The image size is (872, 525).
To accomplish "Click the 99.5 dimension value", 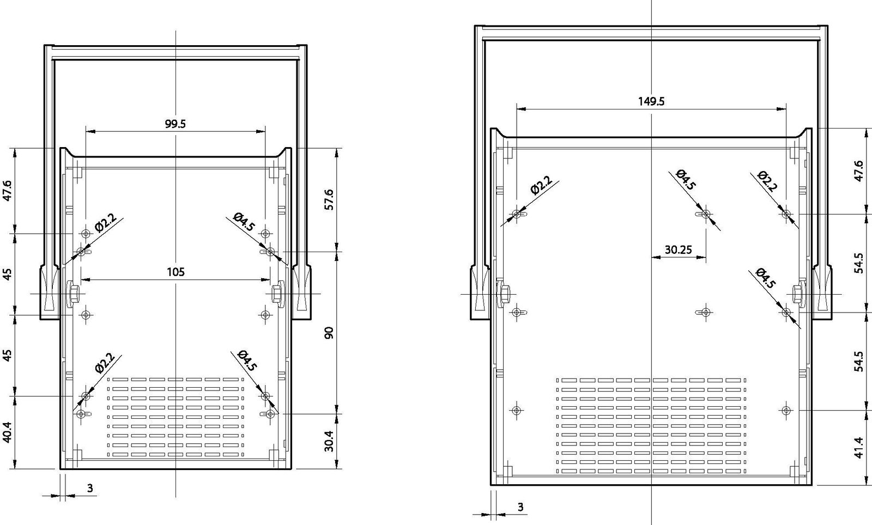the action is point(175,124).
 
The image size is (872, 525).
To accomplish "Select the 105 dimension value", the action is point(175,272).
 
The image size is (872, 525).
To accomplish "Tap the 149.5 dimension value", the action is point(651,101).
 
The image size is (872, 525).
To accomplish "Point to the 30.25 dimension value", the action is point(678,249).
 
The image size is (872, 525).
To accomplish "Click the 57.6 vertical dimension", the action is point(329,200).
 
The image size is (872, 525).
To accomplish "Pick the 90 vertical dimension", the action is point(329,333).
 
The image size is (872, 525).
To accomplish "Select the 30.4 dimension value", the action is point(329,441).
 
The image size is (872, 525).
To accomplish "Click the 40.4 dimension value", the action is point(8,433).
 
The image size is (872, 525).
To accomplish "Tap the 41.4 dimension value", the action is point(859,448).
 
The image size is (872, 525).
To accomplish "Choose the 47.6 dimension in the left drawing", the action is point(8,190).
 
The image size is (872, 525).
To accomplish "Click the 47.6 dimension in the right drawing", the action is point(859,170).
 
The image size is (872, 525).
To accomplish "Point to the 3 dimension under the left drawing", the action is point(90,488).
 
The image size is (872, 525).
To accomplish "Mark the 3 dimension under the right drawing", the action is point(520,507).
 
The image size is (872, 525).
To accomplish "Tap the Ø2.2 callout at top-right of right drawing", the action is point(767,181).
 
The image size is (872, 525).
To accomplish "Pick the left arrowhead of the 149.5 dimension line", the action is point(521,109).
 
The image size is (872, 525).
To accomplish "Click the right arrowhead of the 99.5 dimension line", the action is point(261,131).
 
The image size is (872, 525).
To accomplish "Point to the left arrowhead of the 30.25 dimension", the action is point(656,257).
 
